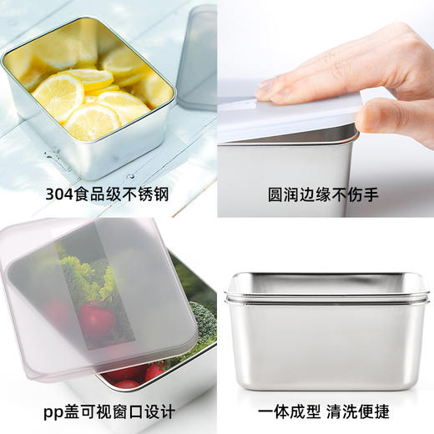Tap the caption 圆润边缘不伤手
tap(323, 194)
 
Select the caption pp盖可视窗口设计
tap(109, 412)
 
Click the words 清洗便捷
tap(358, 411)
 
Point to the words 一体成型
tap(290, 411)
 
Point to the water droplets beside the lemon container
tap(53, 156)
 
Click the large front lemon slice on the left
tap(59, 95)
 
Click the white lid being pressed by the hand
tap(286, 117)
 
